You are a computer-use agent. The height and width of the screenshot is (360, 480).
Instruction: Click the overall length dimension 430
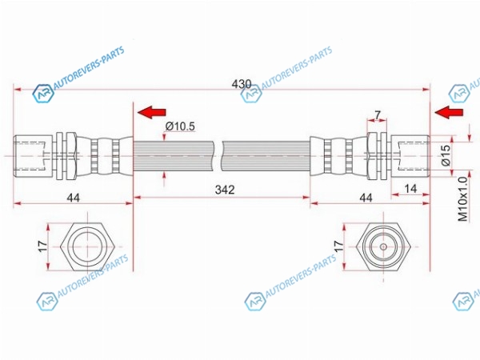tap(242, 84)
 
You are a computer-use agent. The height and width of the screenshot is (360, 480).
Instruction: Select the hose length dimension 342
tap(225, 190)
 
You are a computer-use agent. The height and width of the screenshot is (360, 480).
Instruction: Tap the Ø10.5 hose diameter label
tap(180, 126)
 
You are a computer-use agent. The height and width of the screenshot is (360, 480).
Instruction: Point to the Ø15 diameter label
tap(446, 155)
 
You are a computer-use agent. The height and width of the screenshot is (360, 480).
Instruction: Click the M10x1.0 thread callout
tap(463, 199)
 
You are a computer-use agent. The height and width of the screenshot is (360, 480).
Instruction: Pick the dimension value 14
tap(410, 189)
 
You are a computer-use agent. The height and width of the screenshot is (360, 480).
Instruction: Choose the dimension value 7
tap(378, 115)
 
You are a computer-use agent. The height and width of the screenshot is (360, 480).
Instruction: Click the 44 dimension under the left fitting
tap(74, 198)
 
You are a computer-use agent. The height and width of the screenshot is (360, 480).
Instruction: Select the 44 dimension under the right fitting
tap(366, 198)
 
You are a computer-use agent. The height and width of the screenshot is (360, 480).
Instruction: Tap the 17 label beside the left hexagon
tap(43, 246)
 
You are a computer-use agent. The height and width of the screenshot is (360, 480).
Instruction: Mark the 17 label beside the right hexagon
tap(338, 246)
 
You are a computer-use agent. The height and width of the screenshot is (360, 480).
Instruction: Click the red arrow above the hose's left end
tap(152, 112)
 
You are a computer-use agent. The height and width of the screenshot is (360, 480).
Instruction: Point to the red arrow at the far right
tap(449, 112)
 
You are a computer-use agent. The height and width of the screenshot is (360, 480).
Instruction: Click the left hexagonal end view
tap(87, 246)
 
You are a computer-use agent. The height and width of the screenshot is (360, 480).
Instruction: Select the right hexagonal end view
tap(383, 246)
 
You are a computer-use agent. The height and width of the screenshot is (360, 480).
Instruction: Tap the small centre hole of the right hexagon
tap(383, 246)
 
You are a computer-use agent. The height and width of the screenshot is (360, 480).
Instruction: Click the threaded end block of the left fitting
tap(33, 156)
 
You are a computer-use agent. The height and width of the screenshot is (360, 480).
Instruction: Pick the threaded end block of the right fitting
tap(410, 156)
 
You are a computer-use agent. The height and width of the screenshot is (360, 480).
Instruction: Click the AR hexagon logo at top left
tap(43, 94)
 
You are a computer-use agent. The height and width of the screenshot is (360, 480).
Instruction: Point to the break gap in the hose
tap(218, 156)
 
